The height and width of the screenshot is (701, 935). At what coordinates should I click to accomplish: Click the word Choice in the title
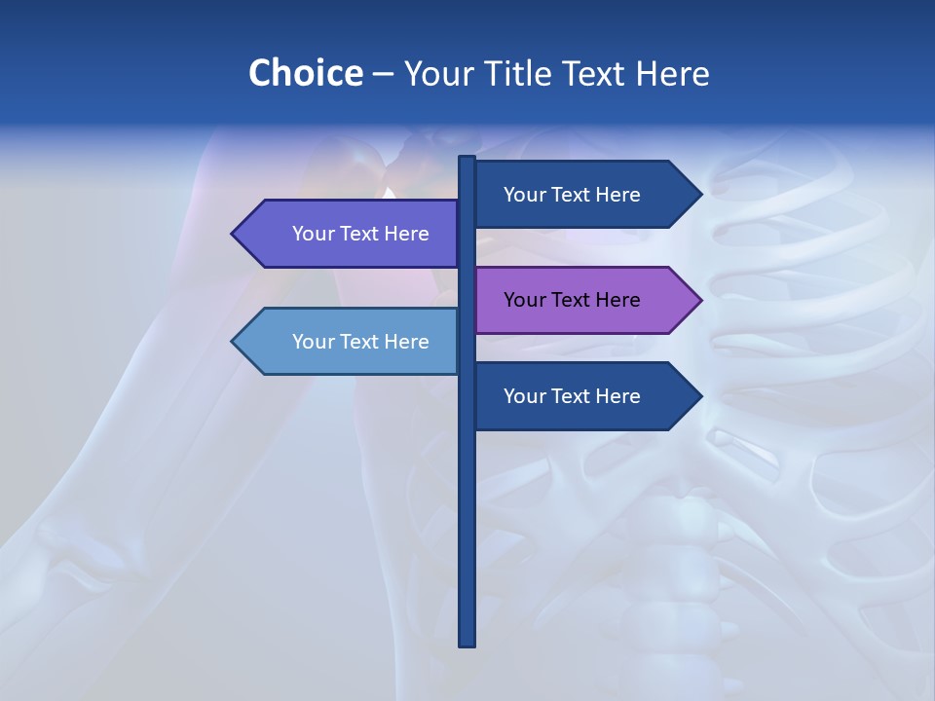click(305, 73)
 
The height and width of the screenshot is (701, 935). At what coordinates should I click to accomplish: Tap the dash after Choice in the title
click(383, 74)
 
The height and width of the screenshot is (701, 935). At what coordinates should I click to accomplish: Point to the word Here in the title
click(673, 73)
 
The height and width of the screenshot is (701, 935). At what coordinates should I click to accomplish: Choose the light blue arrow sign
click(351, 342)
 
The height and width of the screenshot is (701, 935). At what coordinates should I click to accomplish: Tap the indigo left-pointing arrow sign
click(351, 234)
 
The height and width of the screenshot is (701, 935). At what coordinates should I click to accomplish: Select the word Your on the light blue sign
click(314, 342)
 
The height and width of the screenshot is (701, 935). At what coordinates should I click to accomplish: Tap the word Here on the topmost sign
click(618, 195)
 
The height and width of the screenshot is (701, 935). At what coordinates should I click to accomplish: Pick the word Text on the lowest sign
click(573, 396)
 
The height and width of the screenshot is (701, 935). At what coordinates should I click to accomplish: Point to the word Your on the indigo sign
click(314, 234)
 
